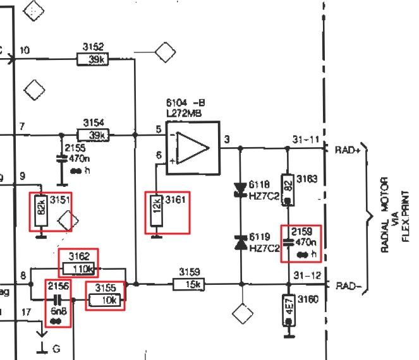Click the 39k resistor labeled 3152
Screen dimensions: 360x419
tap(93, 59)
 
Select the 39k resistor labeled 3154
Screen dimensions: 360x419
tap(93, 135)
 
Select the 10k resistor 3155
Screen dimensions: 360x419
tap(104, 301)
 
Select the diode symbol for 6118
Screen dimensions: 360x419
tap(240, 188)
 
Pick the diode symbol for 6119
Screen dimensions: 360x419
tap(240, 242)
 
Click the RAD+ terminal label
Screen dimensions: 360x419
tap(346, 150)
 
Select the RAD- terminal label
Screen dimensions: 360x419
tap(346, 285)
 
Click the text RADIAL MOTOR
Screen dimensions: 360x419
tap(385, 215)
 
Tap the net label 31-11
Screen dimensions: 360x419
tap(306, 140)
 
